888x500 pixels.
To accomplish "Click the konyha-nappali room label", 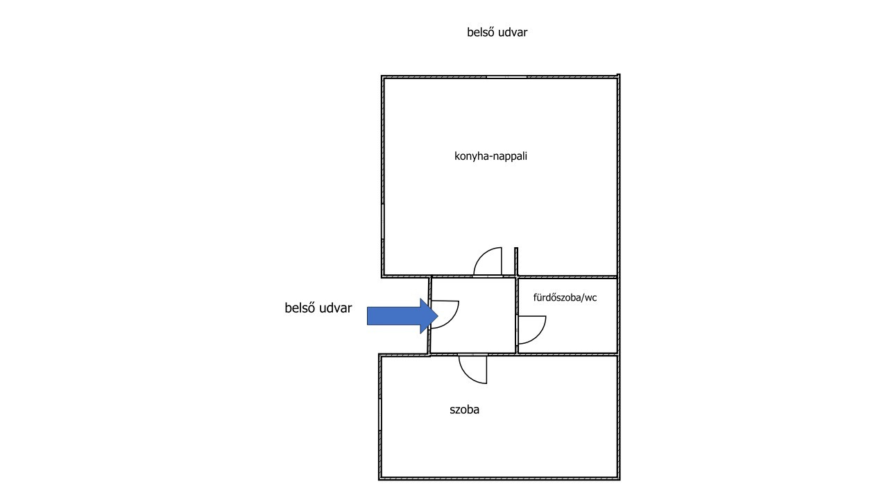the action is [x=490, y=156].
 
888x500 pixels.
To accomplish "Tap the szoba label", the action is [x=464, y=410].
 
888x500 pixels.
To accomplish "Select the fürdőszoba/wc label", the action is [x=565, y=298].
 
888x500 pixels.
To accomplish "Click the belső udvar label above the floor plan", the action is [x=497, y=32].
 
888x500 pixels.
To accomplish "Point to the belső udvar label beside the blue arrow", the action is [x=318, y=308].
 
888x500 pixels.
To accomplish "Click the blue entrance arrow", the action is [x=402, y=316].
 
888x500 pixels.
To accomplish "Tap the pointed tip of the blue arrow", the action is [x=438, y=316].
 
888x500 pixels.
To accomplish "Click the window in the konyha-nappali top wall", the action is [x=506, y=76].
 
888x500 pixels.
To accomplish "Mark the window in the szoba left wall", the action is [x=379, y=415].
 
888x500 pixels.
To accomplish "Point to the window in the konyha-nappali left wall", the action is [x=382, y=222].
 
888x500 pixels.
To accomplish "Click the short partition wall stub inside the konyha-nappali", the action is [x=516, y=261].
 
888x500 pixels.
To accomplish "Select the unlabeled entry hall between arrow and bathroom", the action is [x=473, y=315].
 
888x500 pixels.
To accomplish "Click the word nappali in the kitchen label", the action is [x=511, y=157].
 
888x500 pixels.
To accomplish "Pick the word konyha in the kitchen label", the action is [x=472, y=156].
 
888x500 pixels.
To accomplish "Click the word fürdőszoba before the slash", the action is [x=556, y=298].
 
